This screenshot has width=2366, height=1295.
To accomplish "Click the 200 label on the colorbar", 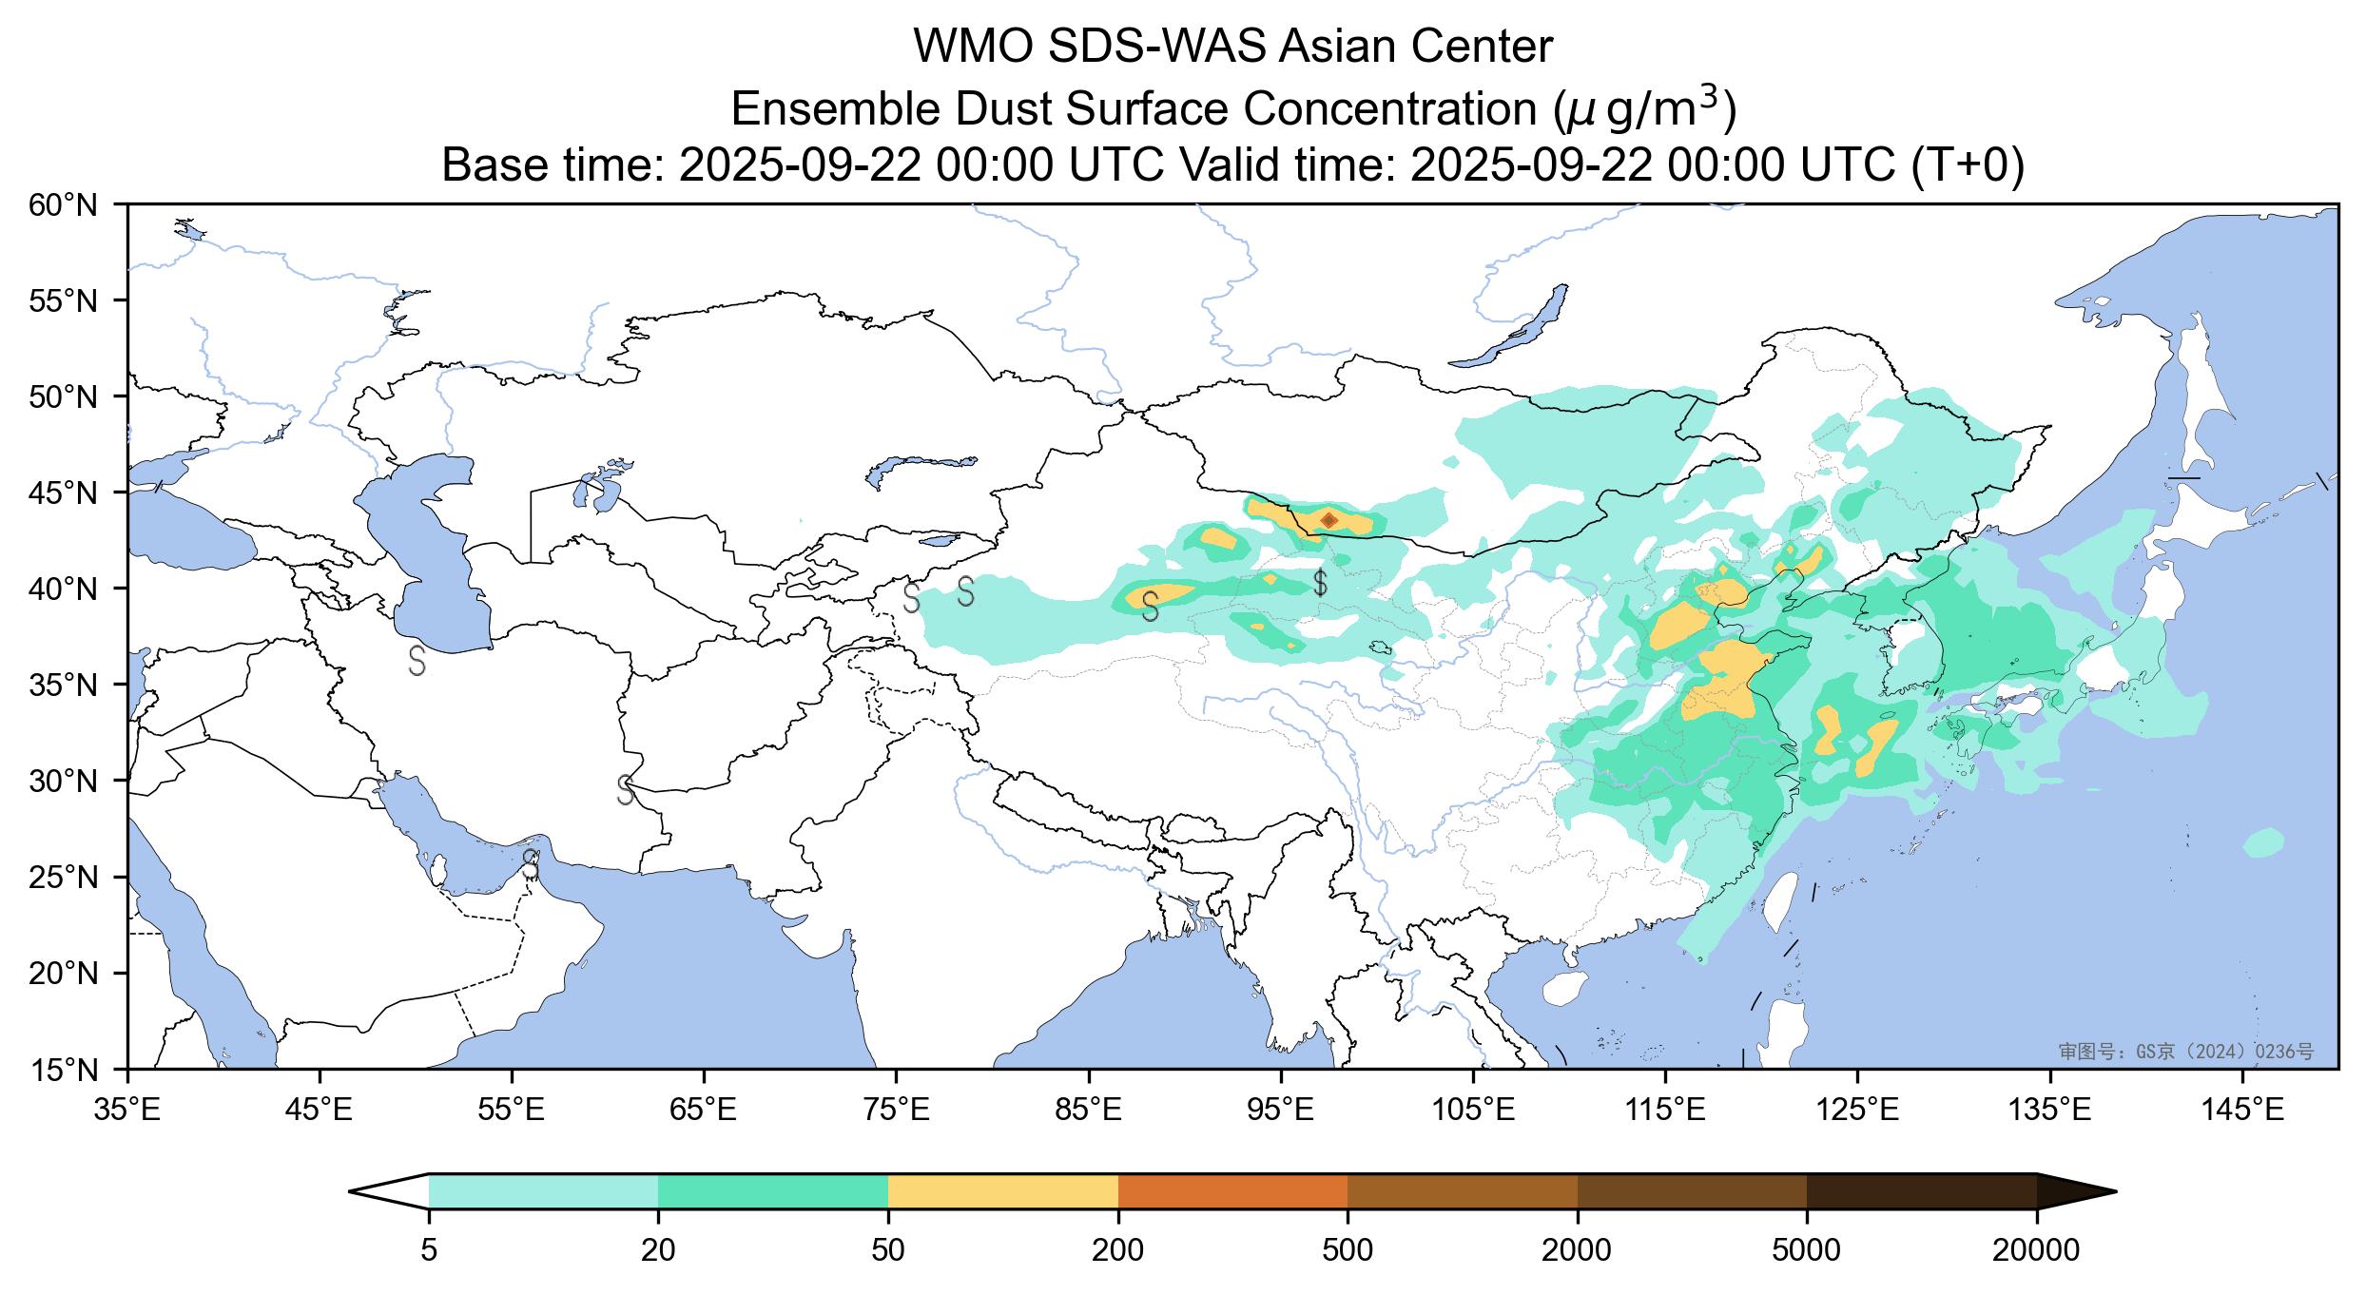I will (x=1117, y=1250).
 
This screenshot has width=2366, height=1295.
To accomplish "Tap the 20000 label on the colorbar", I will (x=2036, y=1250).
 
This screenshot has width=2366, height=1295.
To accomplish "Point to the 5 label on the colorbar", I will (x=429, y=1250).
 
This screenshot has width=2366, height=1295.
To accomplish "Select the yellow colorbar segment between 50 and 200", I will (x=1002, y=1191).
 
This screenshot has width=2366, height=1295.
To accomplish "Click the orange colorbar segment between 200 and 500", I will (x=1232, y=1191).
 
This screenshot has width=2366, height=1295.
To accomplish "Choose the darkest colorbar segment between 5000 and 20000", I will (x=1921, y=1191).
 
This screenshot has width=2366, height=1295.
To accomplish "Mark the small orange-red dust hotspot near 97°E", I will (x=1329, y=519).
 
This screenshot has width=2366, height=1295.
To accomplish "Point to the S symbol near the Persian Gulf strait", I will (x=531, y=864).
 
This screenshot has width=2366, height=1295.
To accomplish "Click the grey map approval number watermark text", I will (x=2185, y=1052).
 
